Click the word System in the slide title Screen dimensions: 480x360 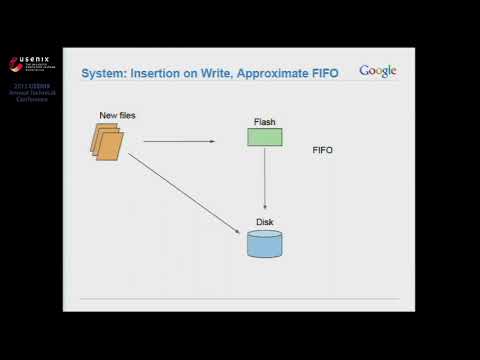coord(103,72)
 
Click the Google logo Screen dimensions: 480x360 coord(378,71)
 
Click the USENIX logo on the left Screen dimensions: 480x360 coord(30,65)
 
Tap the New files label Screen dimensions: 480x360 coord(117,116)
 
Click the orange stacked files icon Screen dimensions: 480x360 coord(109,142)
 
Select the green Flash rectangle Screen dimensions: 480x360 coord(264,137)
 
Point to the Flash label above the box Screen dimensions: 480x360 coord(264,122)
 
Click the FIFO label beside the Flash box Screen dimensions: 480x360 coord(322,150)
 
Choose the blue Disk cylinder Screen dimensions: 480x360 coord(264,243)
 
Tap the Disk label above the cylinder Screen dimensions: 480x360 coord(264,222)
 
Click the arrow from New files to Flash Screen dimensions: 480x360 coord(180,141)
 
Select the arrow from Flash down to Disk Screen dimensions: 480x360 coord(264,180)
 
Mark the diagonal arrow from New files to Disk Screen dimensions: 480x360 coord(185,195)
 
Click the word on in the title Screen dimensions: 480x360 coord(194,72)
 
